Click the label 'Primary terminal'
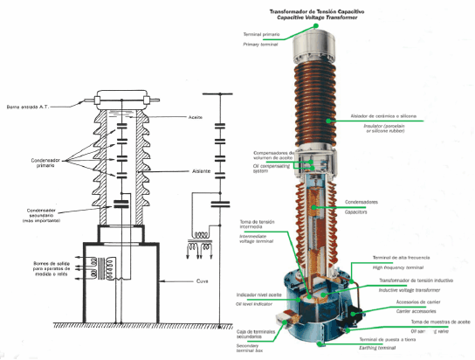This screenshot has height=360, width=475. click(x=259, y=43)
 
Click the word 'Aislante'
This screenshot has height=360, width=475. click(x=200, y=171)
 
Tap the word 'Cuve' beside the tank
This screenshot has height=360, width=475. click(x=202, y=281)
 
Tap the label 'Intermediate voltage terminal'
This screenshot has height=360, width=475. click(x=260, y=238)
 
